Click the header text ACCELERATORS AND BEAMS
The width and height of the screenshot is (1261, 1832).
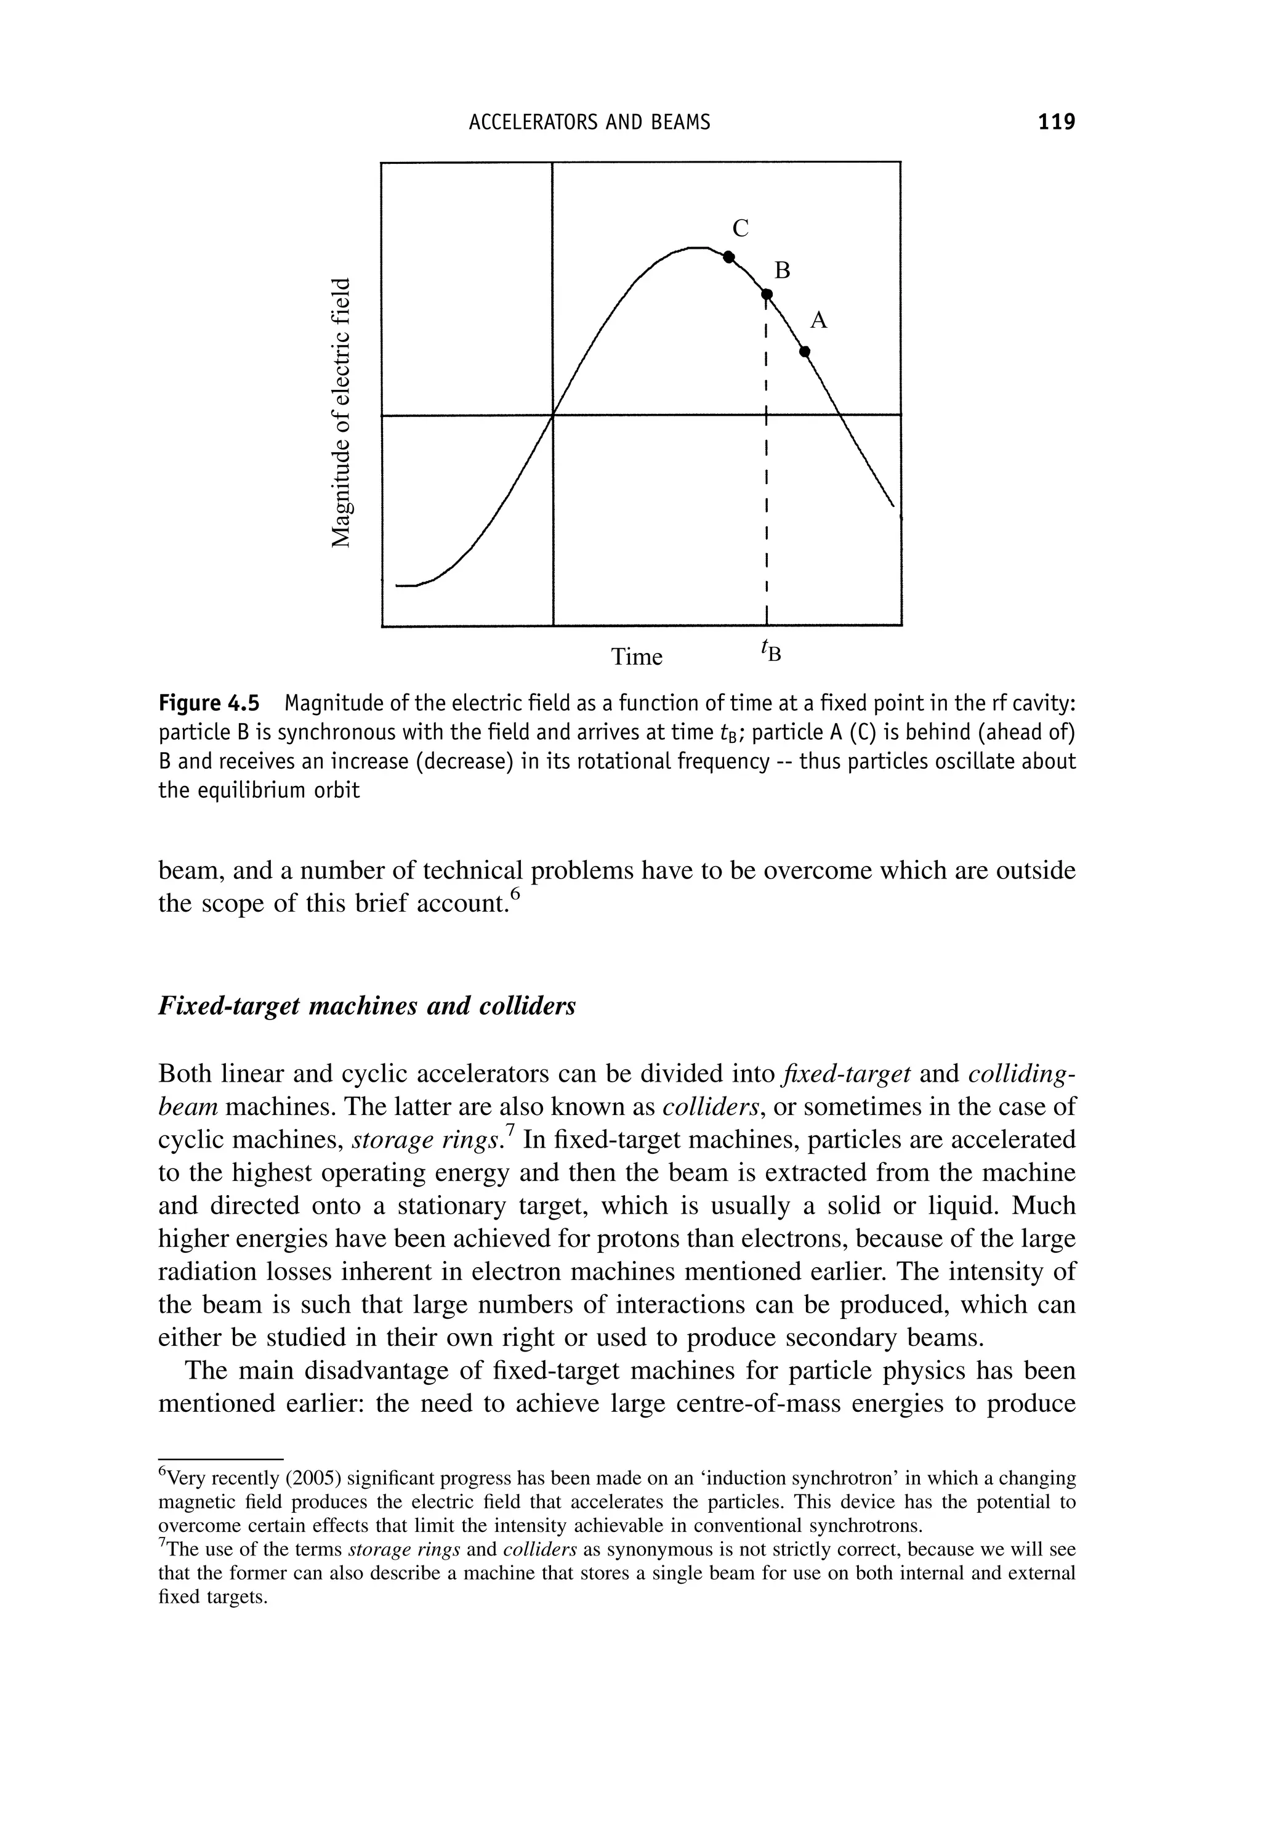tap(589, 122)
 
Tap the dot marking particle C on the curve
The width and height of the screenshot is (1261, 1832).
tap(729, 257)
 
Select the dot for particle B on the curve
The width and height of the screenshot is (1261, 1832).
tap(765, 294)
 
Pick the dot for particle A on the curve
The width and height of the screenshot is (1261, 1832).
tap(804, 351)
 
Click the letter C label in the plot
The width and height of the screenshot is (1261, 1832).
tap(740, 229)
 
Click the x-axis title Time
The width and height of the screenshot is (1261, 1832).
tap(637, 657)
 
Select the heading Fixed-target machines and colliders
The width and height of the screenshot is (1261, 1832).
tap(368, 1006)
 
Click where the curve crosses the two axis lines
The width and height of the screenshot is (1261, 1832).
tap(552, 413)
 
